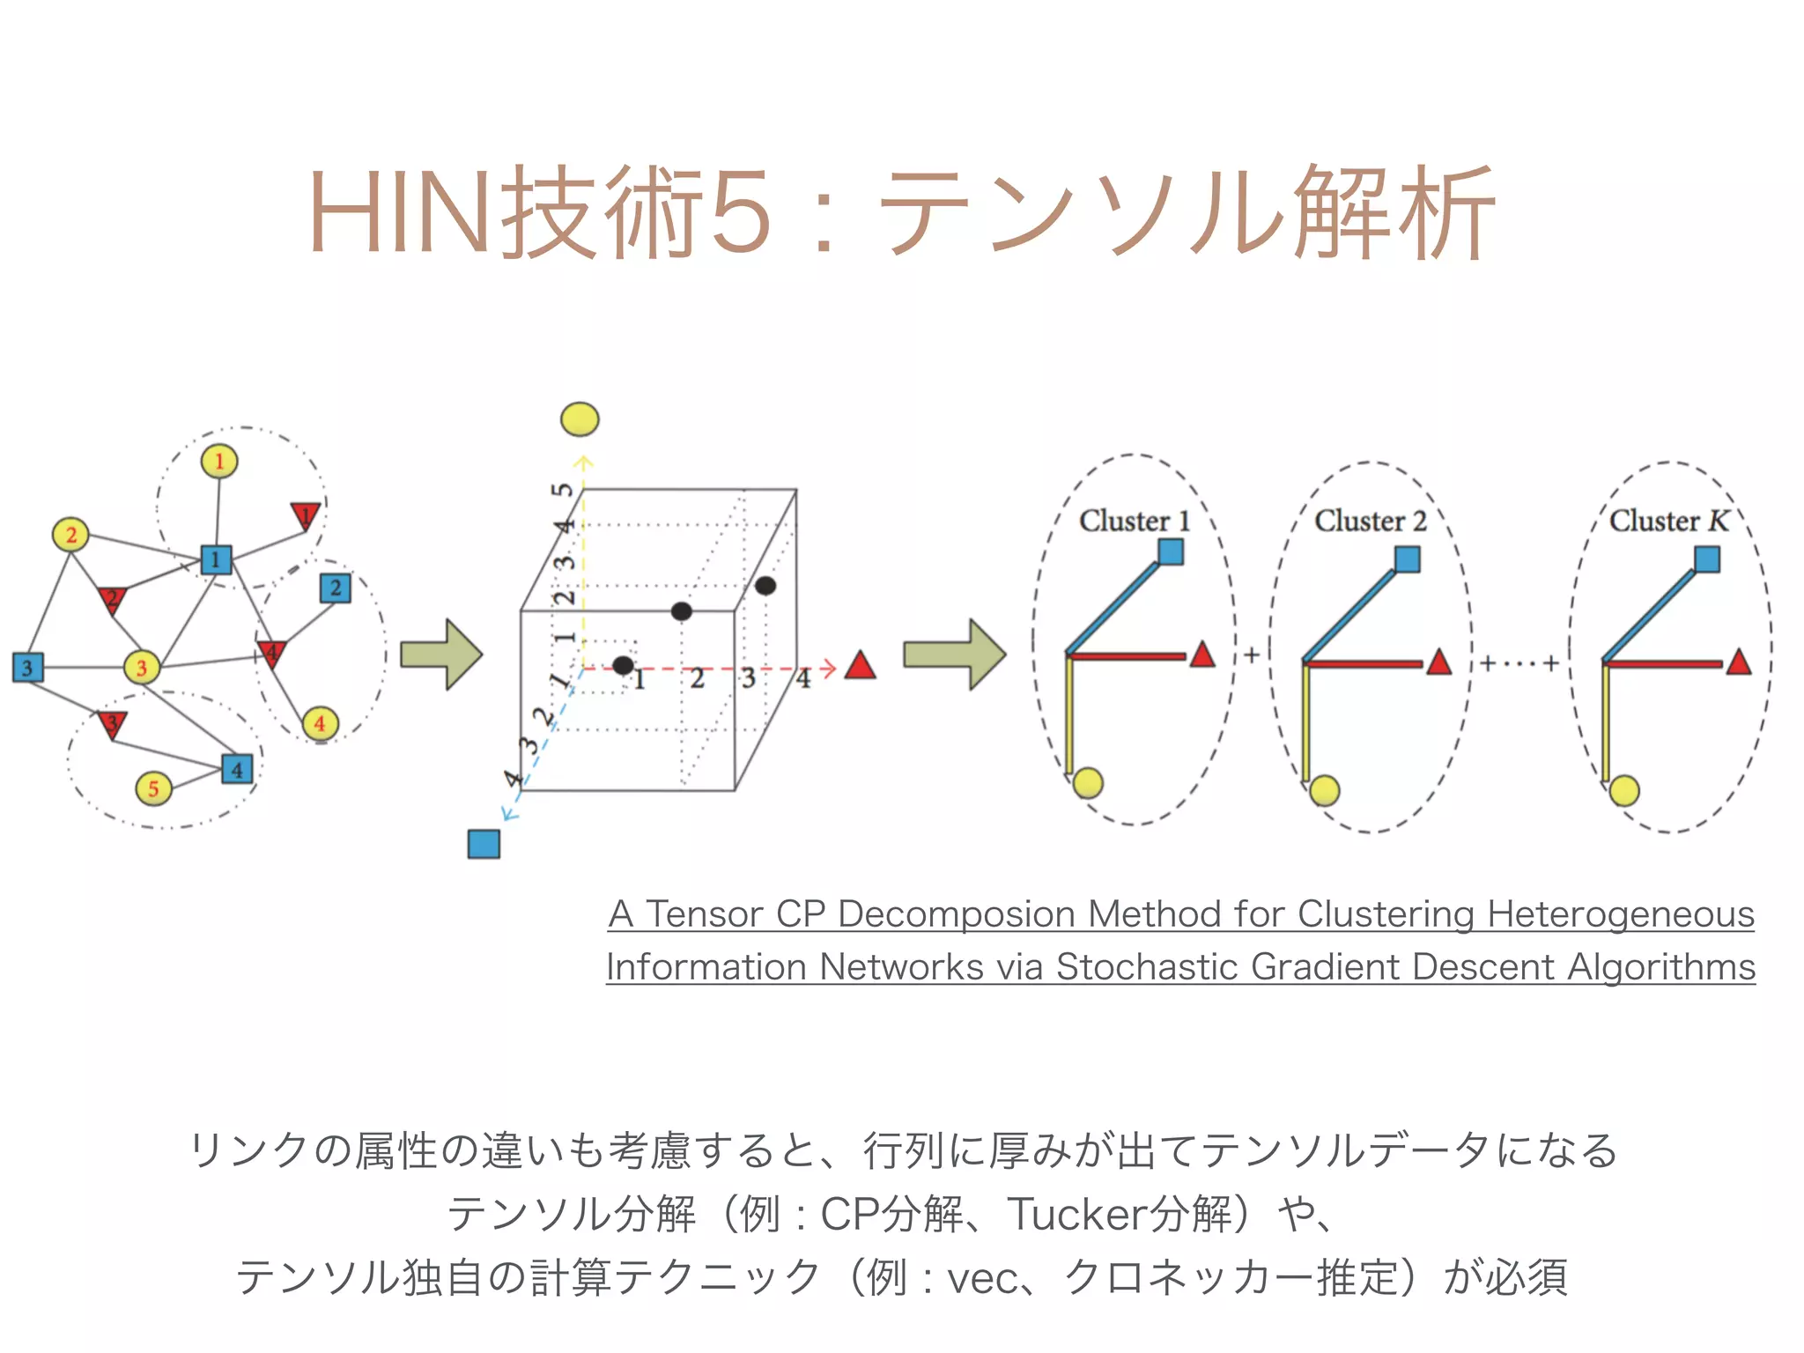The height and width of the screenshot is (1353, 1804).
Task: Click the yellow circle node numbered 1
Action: pos(219,461)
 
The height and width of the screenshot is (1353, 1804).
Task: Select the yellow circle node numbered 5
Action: pos(153,787)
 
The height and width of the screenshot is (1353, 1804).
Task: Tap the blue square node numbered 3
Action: pos(27,667)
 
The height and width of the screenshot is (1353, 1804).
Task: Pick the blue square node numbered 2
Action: pos(335,588)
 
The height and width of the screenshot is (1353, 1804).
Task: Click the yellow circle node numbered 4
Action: pos(319,723)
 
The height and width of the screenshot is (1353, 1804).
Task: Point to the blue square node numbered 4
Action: pos(237,769)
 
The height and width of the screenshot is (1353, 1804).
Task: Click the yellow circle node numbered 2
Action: pos(70,534)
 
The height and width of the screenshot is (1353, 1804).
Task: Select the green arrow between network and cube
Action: pos(440,654)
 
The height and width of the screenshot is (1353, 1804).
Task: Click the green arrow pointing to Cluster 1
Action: pos(954,654)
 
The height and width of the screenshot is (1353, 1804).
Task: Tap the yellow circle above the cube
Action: pos(580,419)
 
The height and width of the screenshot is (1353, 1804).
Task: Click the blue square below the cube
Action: pos(484,843)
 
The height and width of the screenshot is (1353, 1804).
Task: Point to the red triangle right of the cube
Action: pos(860,666)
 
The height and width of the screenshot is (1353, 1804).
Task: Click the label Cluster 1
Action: pos(1135,521)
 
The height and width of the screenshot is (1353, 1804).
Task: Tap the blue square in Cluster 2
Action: pos(1408,558)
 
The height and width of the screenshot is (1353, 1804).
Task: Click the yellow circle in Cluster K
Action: pos(1624,790)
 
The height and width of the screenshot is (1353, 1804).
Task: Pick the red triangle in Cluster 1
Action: pos(1202,654)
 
